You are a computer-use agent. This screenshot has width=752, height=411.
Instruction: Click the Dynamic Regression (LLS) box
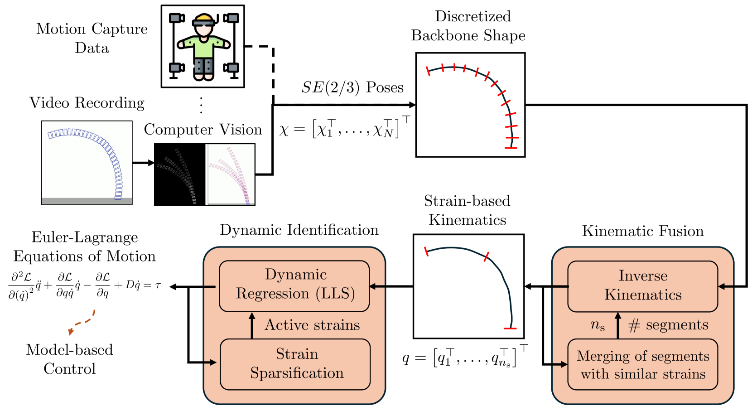coord(294,286)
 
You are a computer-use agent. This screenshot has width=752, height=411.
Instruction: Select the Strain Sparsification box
coord(295,364)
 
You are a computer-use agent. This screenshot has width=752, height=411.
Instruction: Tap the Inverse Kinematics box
coord(642,286)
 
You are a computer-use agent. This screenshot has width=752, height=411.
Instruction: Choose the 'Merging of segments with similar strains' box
coord(642,365)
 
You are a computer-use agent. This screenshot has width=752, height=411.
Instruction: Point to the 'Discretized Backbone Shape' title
coord(468,26)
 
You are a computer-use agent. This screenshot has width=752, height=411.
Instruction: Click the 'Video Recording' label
coord(87,103)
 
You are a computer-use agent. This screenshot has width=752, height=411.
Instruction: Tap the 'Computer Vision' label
coord(203,130)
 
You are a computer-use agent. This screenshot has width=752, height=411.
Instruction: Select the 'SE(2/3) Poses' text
coord(352,87)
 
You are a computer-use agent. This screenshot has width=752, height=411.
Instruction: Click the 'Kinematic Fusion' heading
coord(642,231)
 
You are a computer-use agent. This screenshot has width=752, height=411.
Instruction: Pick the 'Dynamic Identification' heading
coord(299,230)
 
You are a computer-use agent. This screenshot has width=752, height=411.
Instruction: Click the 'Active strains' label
coord(312,325)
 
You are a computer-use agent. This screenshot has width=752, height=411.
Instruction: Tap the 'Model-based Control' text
coord(69,359)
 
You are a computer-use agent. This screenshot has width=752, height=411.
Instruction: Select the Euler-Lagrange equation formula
coord(85,286)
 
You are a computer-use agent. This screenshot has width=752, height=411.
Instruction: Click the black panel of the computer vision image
coord(179,174)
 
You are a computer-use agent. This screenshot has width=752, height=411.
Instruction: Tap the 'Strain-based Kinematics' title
coord(467,211)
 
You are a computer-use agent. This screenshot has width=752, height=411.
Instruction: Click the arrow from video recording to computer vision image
coord(143,163)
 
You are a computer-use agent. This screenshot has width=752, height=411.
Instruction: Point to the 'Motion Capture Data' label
coord(92,38)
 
